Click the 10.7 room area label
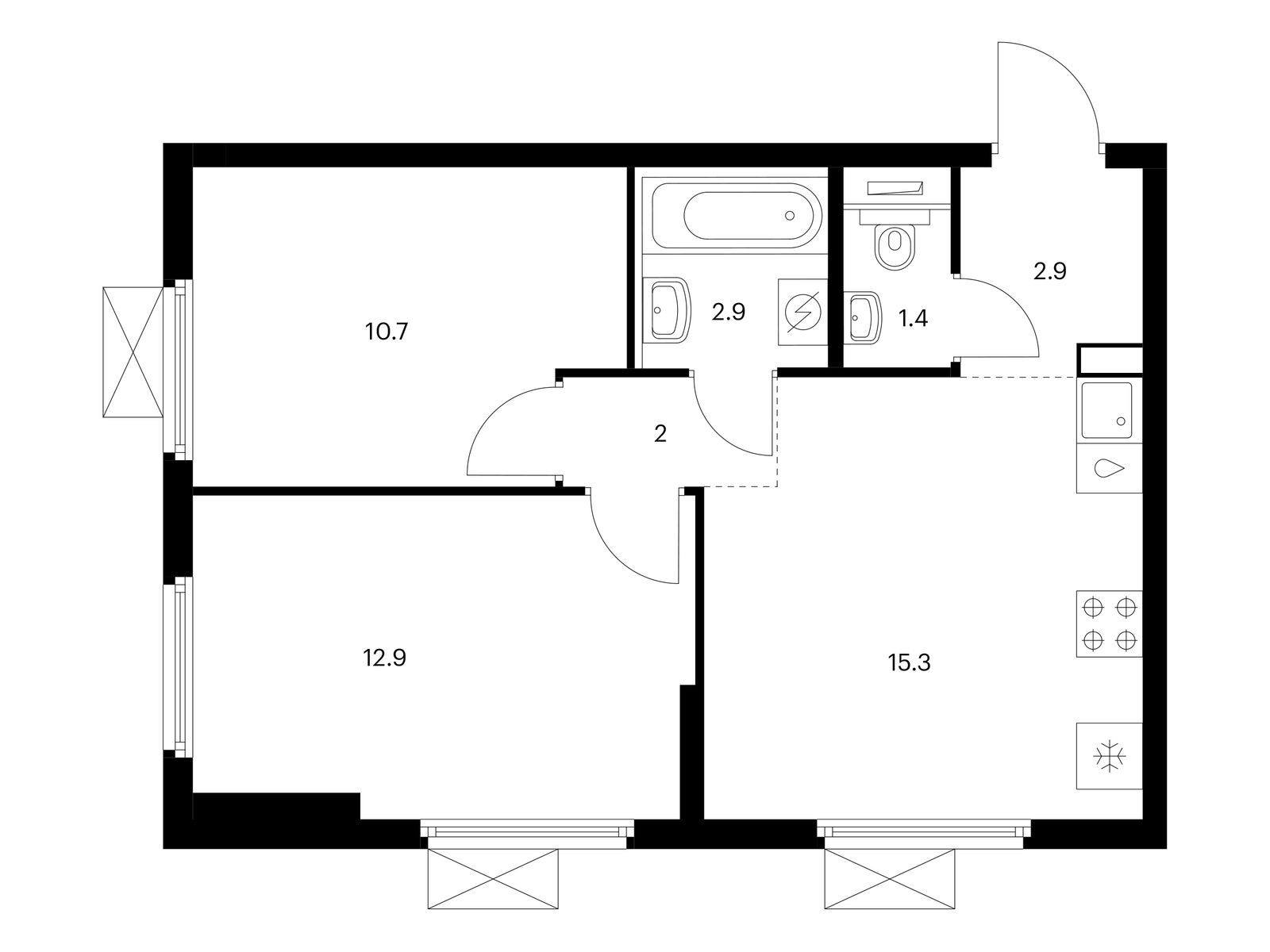point(387,332)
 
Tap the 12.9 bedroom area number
point(385,658)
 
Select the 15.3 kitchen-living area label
point(909,663)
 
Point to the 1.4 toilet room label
point(913,318)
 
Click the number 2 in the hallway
point(660,433)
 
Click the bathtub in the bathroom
point(736,216)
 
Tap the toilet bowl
point(895,247)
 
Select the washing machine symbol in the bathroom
point(802,313)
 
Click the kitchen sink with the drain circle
point(1106,411)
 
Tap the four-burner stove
point(1109,624)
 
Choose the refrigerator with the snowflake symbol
point(1109,755)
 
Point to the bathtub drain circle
point(790,216)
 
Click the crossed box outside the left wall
point(133,352)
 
